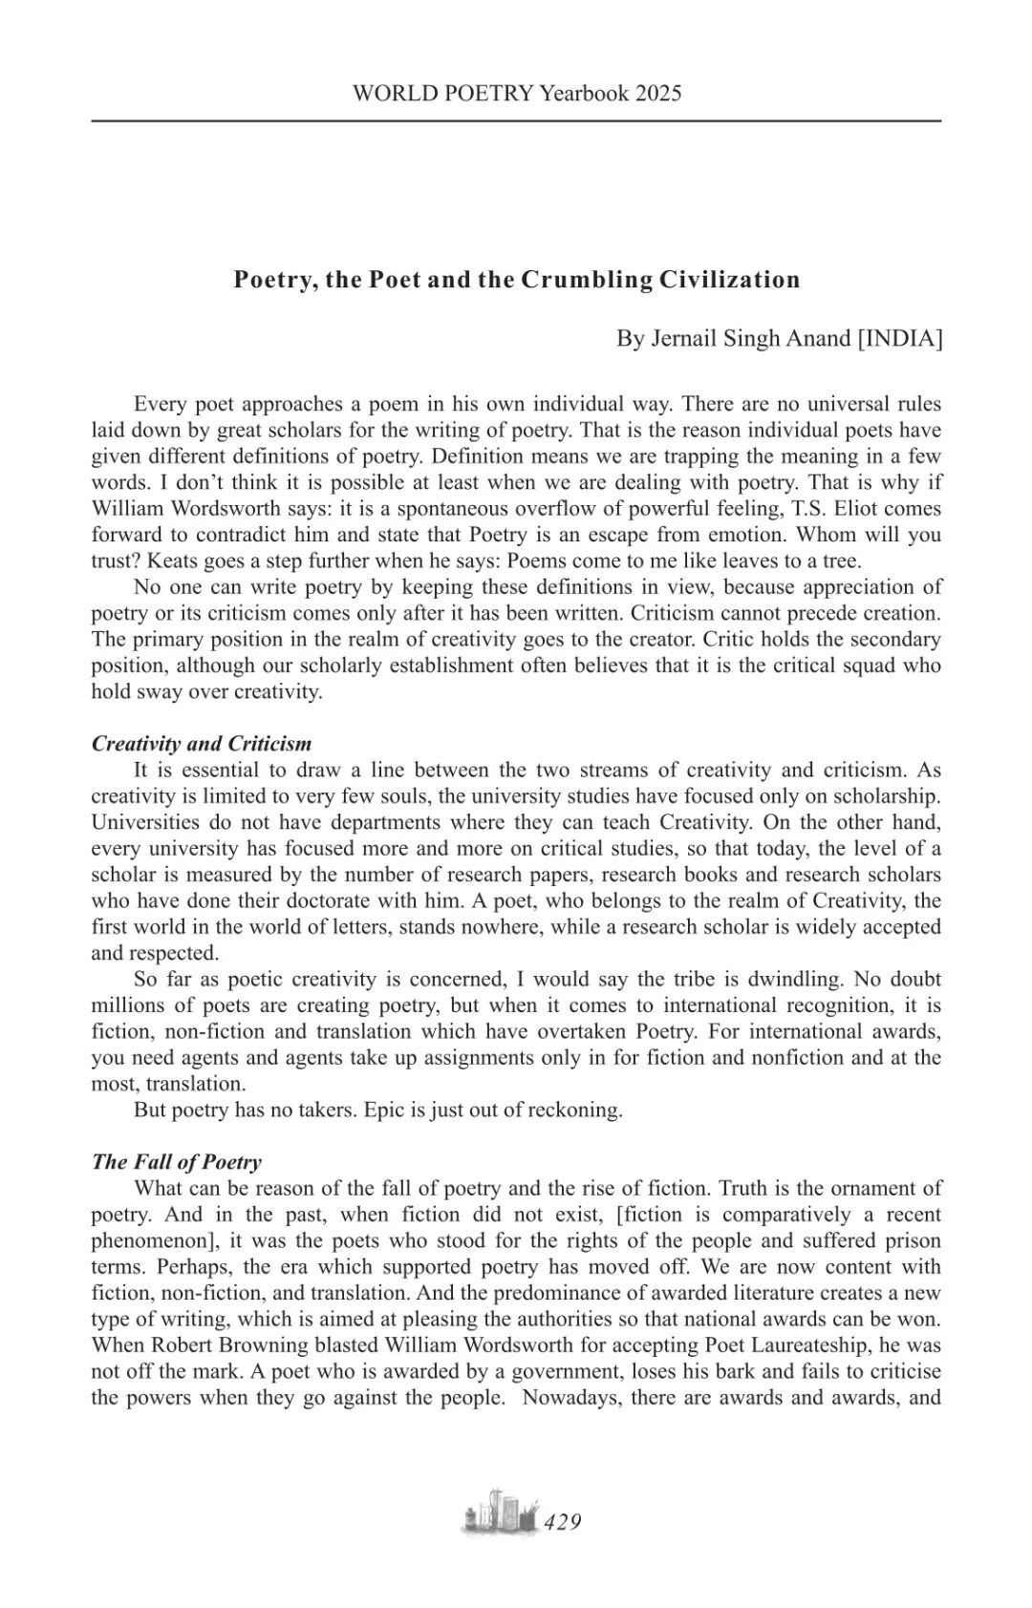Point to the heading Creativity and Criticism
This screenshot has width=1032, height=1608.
(x=202, y=744)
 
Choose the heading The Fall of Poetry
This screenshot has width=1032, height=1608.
(x=177, y=1162)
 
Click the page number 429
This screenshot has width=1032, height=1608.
(x=563, y=1522)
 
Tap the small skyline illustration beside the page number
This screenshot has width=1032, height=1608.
(x=499, y=1513)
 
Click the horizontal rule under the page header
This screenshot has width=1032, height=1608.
(x=516, y=121)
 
